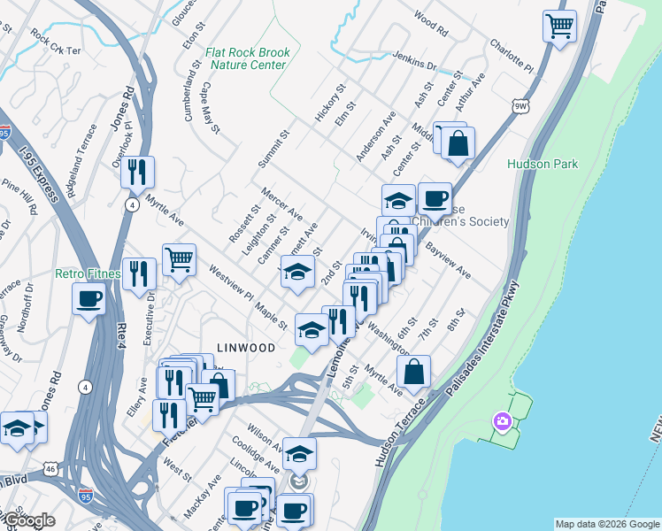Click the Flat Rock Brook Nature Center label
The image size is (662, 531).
pyautogui.click(x=247, y=58)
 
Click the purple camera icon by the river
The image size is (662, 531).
pyautogui.click(x=503, y=421)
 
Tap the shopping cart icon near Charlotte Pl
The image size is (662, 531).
pyautogui.click(x=560, y=26)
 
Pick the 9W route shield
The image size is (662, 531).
pyautogui.click(x=521, y=105)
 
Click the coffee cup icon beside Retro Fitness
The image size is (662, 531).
pyautogui.click(x=89, y=299)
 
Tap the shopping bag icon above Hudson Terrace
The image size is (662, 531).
pyautogui.click(x=413, y=372)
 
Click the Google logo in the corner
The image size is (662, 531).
pyautogui.click(x=28, y=520)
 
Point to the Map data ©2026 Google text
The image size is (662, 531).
pyautogui.click(x=606, y=524)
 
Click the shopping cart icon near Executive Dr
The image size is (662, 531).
pyautogui.click(x=179, y=259)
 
